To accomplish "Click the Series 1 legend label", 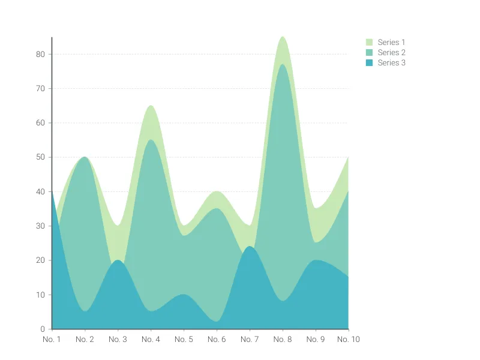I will tap(391, 43).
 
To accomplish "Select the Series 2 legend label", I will tap(391, 53).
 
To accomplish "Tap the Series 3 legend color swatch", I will tap(370, 63).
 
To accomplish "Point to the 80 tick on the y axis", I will tap(41, 54).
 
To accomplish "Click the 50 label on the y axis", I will tap(41, 157).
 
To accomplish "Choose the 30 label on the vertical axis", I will tap(41, 226).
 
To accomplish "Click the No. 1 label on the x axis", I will tap(52, 340).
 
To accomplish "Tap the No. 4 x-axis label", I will tap(151, 340).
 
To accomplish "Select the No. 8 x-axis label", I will tap(283, 340).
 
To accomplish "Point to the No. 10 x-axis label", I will tap(347, 340).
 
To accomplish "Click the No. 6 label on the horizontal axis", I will tap(217, 340).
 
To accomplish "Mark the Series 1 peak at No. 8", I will tap(283, 37).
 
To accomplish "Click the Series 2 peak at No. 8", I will tap(283, 64).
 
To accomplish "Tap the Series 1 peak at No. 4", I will tap(151, 106).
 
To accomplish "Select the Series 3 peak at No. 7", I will tap(250, 247).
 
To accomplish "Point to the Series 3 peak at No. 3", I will tap(118, 260).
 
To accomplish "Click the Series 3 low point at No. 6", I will tap(217, 322).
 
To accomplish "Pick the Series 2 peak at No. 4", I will tap(151, 140).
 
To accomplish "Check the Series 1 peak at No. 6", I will tap(217, 191).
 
